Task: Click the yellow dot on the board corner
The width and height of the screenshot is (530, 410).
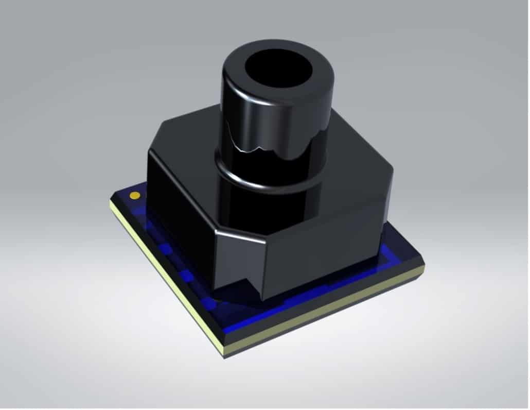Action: click(x=135, y=195)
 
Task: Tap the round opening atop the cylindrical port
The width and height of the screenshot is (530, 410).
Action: click(x=278, y=67)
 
